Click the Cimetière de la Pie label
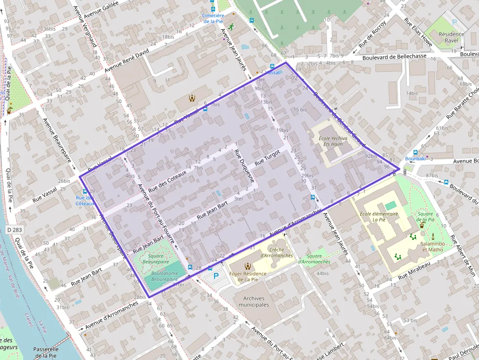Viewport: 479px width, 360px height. tap(213, 18)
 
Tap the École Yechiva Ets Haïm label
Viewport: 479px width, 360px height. tap(333, 141)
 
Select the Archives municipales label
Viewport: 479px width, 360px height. tap(253, 301)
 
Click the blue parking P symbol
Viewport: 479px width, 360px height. tap(215, 277)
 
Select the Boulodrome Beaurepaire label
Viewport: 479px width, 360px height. tap(164, 276)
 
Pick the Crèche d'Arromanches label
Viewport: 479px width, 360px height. tap(277, 253)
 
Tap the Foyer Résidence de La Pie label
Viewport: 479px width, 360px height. tap(248, 276)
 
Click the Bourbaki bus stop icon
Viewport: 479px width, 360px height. tap(415, 152)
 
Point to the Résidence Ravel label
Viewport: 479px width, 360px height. tap(451, 37)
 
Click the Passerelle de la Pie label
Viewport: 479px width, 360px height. tap(46, 352)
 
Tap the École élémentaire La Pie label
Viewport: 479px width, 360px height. tap(379, 217)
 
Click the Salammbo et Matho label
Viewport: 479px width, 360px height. tap(432, 246)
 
